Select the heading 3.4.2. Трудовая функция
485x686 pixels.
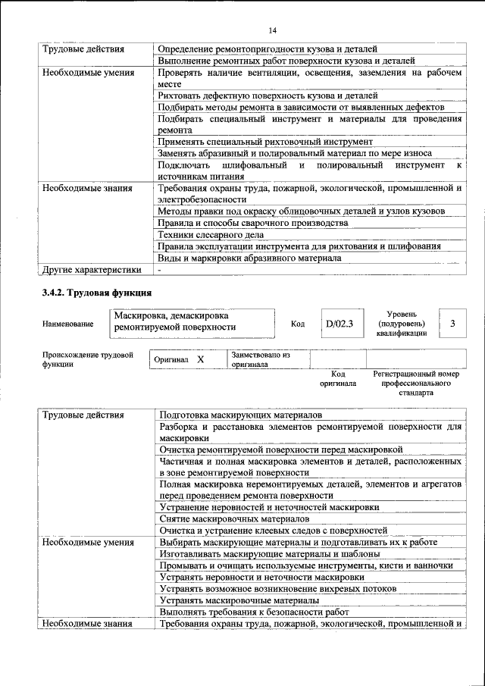[97, 292]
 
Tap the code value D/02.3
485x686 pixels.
[339, 324]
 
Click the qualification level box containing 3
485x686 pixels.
[452, 324]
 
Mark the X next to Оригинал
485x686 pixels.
[200, 359]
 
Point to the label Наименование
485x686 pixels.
[68, 324]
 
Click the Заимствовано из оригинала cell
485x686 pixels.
[268, 359]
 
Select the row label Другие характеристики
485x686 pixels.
[92, 269]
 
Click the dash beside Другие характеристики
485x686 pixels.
[160, 269]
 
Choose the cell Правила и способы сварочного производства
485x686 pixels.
[253, 223]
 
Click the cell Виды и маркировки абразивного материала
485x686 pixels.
[249, 258]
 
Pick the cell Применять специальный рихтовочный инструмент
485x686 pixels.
[265, 142]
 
